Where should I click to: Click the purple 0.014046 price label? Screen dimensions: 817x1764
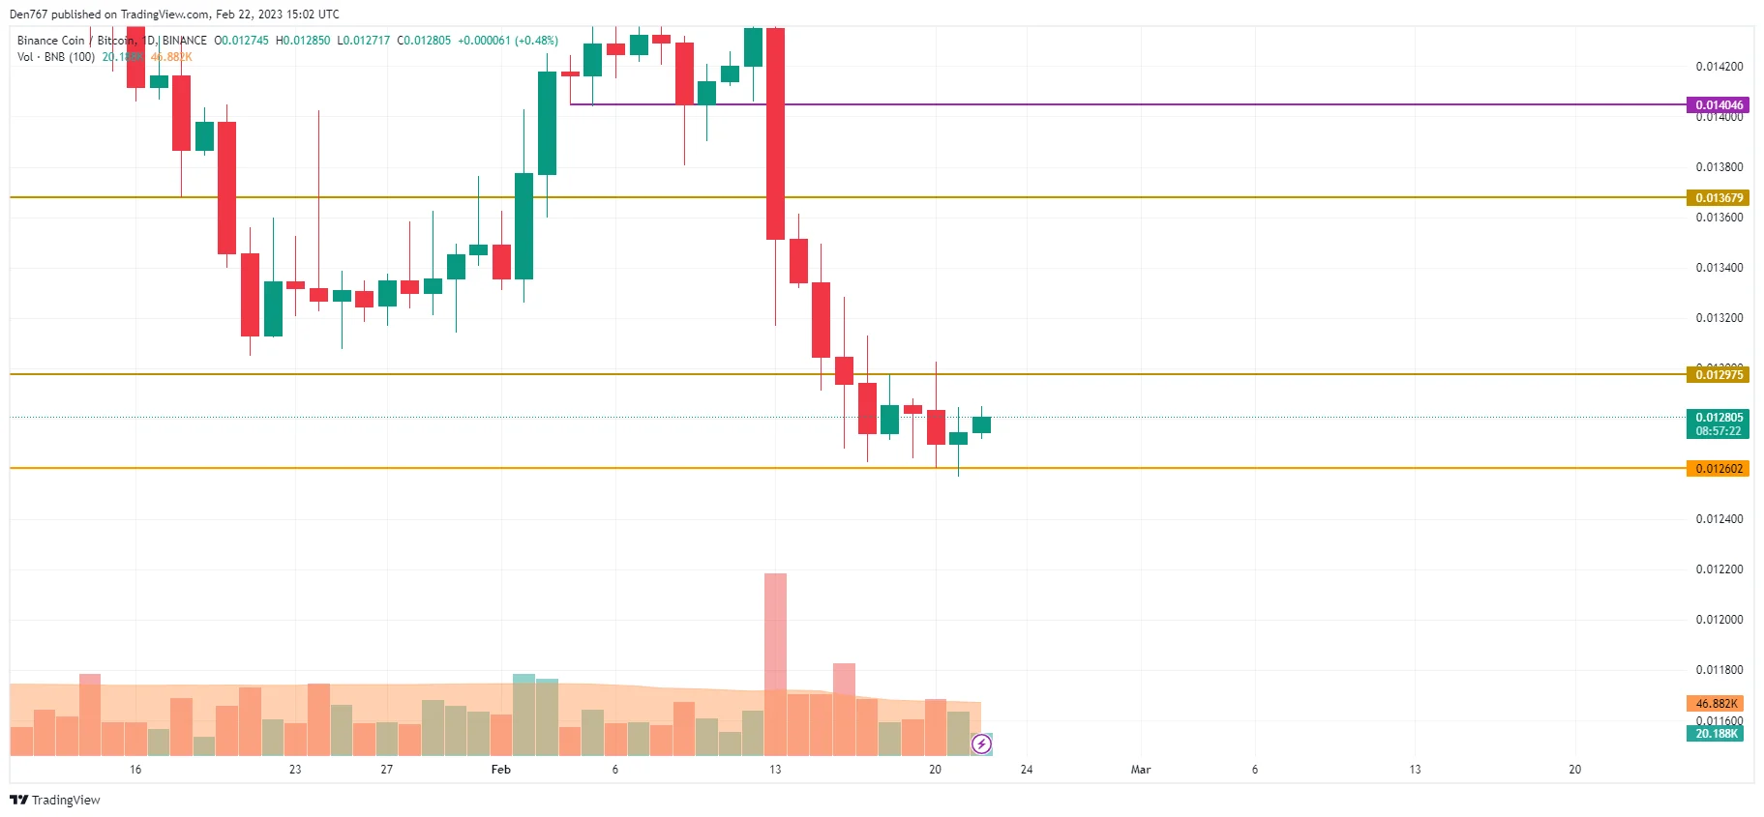point(1719,104)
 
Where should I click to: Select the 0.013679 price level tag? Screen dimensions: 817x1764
point(1719,197)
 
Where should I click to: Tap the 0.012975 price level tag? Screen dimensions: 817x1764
point(1719,374)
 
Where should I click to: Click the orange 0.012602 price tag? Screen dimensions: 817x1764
point(1719,469)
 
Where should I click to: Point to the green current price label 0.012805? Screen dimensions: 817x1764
point(1719,418)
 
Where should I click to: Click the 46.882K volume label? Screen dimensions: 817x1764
point(1716,703)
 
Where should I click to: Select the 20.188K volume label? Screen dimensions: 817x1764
point(1716,734)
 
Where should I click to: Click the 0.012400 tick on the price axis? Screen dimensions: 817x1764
point(1719,519)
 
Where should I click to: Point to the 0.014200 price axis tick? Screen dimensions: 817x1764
point(1719,67)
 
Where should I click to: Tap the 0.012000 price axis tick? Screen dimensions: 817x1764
point(1719,620)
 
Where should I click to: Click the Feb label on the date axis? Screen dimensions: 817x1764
point(500,770)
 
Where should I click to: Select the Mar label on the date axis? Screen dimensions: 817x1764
point(1141,770)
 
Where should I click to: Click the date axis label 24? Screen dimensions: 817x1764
point(1027,770)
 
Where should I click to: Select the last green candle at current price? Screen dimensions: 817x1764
point(981,424)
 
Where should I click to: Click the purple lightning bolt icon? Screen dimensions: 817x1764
point(981,744)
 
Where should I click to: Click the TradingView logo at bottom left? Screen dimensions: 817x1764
point(55,800)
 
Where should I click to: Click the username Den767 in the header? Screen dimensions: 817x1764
point(28,15)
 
